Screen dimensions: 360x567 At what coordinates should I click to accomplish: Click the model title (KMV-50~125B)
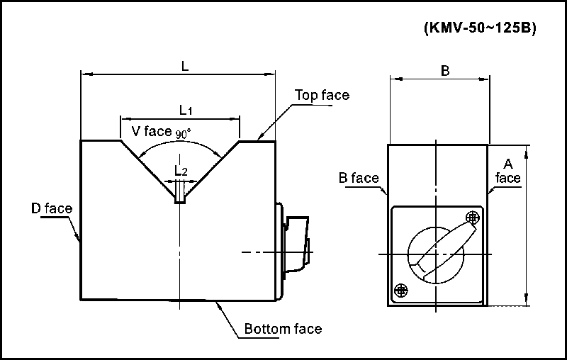[479, 29]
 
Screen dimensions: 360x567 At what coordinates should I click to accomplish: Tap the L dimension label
[185, 66]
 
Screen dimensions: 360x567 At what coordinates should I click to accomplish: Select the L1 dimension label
[185, 110]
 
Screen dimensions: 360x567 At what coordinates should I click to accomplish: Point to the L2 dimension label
[181, 171]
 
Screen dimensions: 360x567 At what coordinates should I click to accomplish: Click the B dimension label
[445, 70]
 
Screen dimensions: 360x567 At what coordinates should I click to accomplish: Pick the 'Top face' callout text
[322, 95]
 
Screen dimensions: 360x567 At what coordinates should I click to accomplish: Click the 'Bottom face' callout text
[283, 329]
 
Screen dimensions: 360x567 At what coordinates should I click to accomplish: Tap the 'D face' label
[52, 208]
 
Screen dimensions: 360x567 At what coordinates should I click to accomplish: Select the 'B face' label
[358, 178]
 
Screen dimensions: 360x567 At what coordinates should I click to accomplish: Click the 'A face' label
[507, 170]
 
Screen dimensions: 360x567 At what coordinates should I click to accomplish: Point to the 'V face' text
[152, 130]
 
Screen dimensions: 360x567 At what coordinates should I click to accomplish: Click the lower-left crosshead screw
[401, 289]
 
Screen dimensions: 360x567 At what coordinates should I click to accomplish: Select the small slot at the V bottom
[181, 192]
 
